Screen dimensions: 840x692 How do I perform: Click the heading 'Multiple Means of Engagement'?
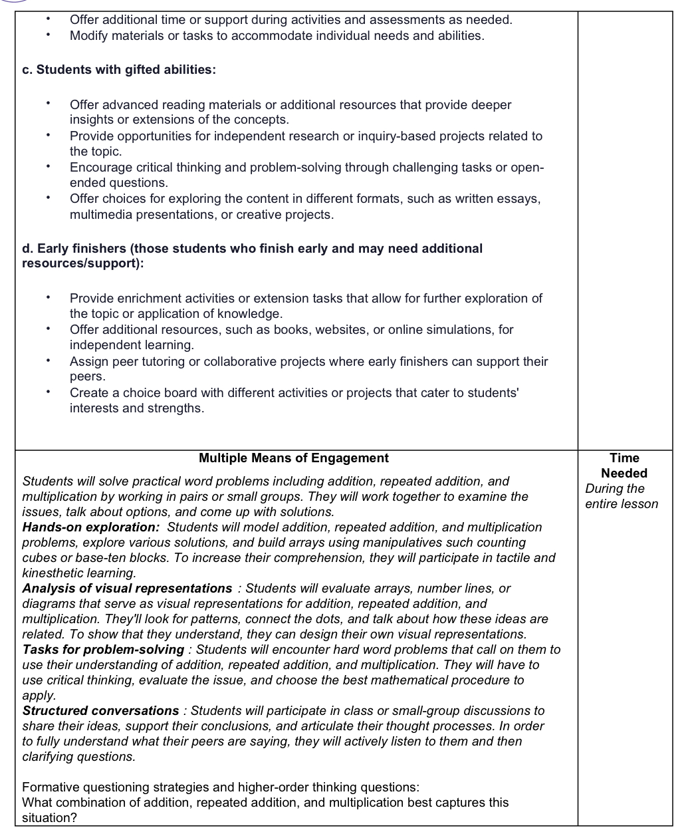click(x=293, y=458)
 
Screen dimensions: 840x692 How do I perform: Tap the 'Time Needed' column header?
click(x=624, y=466)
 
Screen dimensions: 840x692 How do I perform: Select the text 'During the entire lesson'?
click(x=621, y=496)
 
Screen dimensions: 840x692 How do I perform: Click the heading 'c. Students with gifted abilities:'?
click(x=119, y=69)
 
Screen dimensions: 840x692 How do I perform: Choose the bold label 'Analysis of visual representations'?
click(x=127, y=589)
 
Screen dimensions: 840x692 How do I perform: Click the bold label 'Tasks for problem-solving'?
click(x=103, y=650)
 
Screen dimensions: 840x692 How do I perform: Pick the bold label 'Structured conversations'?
click(x=100, y=711)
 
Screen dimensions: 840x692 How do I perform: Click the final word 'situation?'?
click(x=49, y=818)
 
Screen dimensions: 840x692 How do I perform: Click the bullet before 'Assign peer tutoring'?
click(x=49, y=362)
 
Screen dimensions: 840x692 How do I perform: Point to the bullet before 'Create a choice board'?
click(x=49, y=393)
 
